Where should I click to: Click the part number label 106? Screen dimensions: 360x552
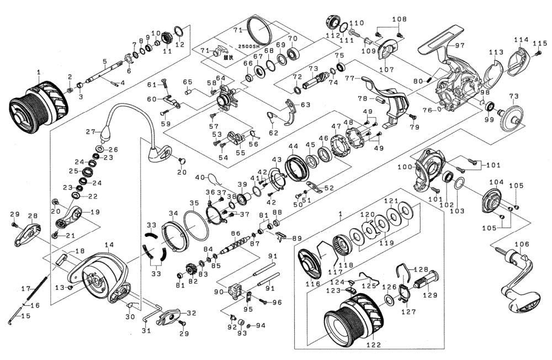click(x=522, y=244)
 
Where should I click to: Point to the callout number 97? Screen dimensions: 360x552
click(x=459, y=44)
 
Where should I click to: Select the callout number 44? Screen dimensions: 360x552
click(x=293, y=146)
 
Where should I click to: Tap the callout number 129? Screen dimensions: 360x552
click(x=430, y=295)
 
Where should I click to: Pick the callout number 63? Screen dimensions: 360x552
click(x=305, y=104)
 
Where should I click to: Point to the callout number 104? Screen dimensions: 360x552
click(x=496, y=182)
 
